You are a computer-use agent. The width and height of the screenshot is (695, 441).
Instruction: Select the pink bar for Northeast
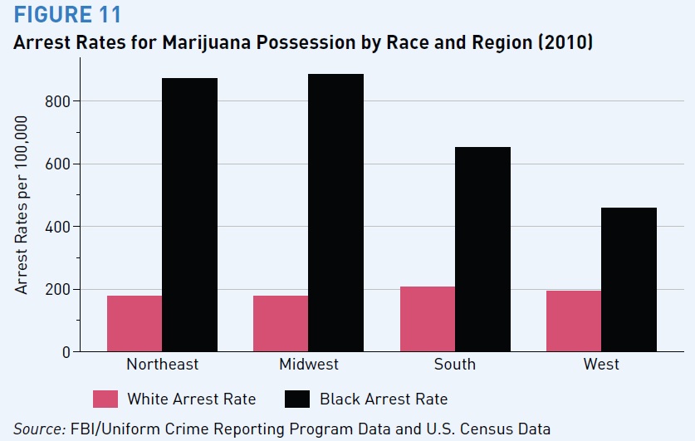[x=135, y=324]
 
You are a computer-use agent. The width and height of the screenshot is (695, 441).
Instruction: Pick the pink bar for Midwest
[x=281, y=324]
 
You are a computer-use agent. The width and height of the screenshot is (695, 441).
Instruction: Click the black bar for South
[x=482, y=249]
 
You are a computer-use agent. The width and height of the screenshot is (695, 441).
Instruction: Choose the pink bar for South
[x=428, y=319]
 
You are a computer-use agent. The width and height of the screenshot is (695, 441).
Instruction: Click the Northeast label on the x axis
[x=162, y=365]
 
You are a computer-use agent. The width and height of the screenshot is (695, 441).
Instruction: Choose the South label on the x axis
[x=455, y=365]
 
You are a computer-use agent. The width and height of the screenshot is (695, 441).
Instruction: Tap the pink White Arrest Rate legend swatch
[x=105, y=399]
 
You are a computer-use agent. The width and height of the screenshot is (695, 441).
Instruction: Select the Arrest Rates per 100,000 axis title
[x=22, y=204]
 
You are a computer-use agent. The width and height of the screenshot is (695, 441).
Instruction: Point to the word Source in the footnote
[x=37, y=429]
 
